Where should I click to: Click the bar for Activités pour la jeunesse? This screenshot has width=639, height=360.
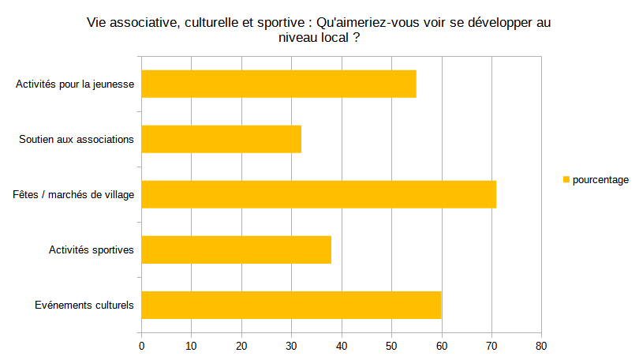click(x=278, y=84)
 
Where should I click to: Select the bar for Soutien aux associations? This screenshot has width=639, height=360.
click(x=221, y=139)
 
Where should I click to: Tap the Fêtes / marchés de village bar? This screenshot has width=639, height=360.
click(x=319, y=194)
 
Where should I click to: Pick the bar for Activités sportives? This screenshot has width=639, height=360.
click(x=236, y=249)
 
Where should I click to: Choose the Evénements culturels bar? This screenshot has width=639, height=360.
click(x=291, y=305)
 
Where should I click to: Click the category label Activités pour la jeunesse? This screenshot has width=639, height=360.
click(x=75, y=84)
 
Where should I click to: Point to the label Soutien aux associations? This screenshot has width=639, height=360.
click(x=77, y=140)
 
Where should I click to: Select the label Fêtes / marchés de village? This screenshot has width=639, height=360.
click(x=73, y=195)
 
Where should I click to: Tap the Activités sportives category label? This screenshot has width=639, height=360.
click(x=91, y=250)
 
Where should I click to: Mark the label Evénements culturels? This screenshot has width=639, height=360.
click(x=84, y=306)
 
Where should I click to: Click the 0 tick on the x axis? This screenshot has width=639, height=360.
click(x=141, y=345)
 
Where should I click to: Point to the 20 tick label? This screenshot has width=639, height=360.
click(x=241, y=345)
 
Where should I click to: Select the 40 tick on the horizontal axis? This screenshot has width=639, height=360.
click(x=342, y=345)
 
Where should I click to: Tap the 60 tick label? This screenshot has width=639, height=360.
click(x=441, y=345)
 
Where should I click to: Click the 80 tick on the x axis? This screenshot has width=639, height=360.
click(x=541, y=345)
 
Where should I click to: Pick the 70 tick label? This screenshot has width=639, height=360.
click(x=491, y=345)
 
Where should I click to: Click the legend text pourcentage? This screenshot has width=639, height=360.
click(x=600, y=180)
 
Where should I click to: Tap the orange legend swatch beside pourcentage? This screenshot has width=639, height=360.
click(x=566, y=180)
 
